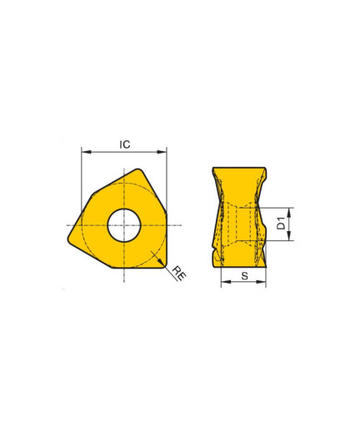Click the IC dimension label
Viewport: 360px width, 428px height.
point(125,144)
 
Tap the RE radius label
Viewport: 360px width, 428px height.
point(179,273)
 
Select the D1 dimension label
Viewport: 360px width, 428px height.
point(282,224)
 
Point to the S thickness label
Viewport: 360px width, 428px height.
point(244,276)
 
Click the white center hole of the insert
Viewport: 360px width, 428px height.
point(124,225)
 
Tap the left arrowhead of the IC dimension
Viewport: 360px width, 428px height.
point(87,152)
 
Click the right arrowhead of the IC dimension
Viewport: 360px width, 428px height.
point(162,152)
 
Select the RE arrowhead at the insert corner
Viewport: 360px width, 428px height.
point(161,262)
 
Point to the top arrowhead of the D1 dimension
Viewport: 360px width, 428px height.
point(289,213)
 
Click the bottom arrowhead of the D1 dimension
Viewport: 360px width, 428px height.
point(289,235)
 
